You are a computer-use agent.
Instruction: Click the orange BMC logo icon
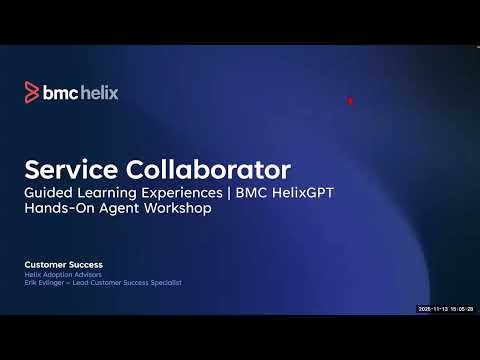click(31, 93)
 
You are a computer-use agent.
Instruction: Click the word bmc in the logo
click(59, 93)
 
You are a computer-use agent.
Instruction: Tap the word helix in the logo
click(98, 93)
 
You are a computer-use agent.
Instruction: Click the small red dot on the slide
click(349, 100)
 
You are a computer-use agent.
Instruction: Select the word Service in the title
click(69, 166)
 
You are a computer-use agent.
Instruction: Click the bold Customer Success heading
click(64, 264)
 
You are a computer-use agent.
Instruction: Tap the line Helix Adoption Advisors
click(59, 275)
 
